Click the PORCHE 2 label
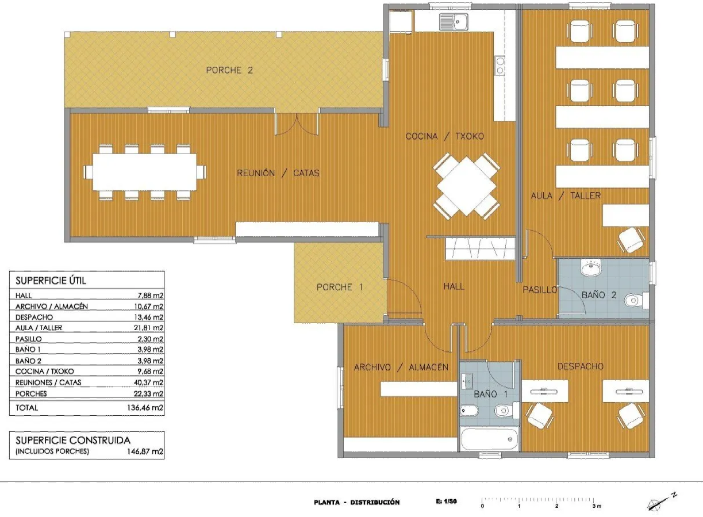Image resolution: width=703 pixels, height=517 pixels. (229, 70)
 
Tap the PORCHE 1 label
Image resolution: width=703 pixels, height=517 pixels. (340, 287)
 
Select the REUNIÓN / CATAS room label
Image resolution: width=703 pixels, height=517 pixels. (278, 173)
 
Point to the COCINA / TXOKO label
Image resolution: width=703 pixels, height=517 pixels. (445, 136)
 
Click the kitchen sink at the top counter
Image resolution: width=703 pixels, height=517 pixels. (454, 22)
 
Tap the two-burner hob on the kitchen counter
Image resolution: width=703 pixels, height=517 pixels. (500, 66)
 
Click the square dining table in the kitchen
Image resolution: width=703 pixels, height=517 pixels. (467, 186)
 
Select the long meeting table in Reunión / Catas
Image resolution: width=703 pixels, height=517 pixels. (145, 172)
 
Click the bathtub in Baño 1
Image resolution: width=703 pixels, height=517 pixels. (489, 439)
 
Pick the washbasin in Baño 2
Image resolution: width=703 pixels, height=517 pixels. (591, 268)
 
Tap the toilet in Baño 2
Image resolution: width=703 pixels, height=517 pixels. (636, 300)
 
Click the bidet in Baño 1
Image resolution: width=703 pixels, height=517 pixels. (469, 410)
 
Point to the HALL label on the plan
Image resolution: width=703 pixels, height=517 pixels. (454, 286)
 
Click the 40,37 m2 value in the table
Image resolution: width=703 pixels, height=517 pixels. (148, 382)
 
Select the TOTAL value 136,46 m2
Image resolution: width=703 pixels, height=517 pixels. (145, 408)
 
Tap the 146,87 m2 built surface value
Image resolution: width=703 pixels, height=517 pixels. (145, 451)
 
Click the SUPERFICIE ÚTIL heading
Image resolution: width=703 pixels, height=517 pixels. (51, 280)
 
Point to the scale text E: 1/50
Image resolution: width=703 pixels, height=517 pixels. (446, 501)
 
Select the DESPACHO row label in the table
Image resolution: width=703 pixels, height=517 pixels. (34, 317)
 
